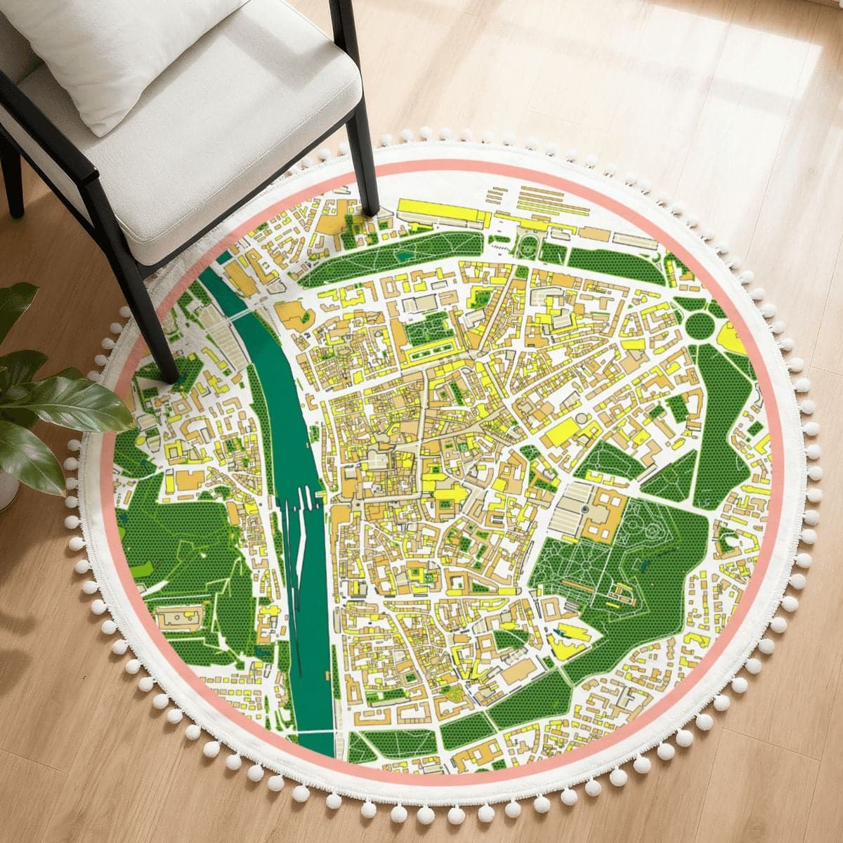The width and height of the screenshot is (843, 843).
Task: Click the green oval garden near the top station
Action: tap(528, 245)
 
